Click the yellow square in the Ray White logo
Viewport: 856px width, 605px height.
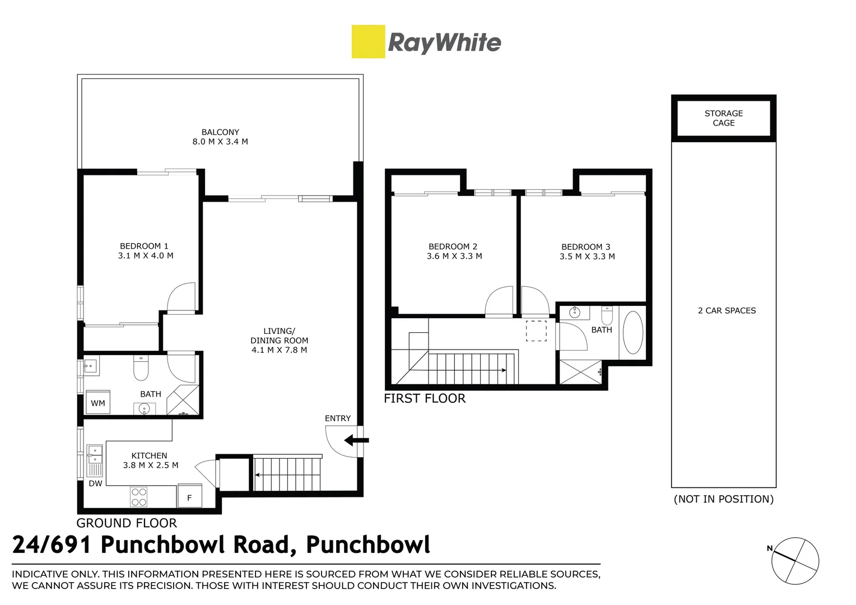[368, 41]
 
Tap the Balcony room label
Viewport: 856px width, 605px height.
[220, 132]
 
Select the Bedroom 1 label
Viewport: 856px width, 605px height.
[144, 246]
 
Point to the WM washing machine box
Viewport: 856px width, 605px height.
[98, 403]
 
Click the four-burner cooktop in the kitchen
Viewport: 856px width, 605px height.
[139, 497]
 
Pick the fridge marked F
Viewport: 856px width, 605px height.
[189, 497]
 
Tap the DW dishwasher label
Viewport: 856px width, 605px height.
[95, 483]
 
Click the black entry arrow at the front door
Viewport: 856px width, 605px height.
[353, 440]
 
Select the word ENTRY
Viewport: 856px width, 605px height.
[338, 418]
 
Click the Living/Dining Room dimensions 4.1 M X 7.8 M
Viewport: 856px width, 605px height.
[279, 350]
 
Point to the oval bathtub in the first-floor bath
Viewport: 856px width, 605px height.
[633, 332]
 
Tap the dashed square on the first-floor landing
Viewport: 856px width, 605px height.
[536, 331]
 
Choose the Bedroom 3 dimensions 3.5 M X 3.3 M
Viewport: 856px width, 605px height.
[587, 257]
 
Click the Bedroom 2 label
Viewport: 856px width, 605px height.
[453, 246]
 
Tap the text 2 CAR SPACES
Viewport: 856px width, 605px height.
[727, 310]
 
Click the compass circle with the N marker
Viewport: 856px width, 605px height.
[795, 561]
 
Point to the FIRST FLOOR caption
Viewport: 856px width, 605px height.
[425, 398]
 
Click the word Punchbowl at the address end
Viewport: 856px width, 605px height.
[368, 544]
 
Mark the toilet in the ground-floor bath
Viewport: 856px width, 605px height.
[140, 369]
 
